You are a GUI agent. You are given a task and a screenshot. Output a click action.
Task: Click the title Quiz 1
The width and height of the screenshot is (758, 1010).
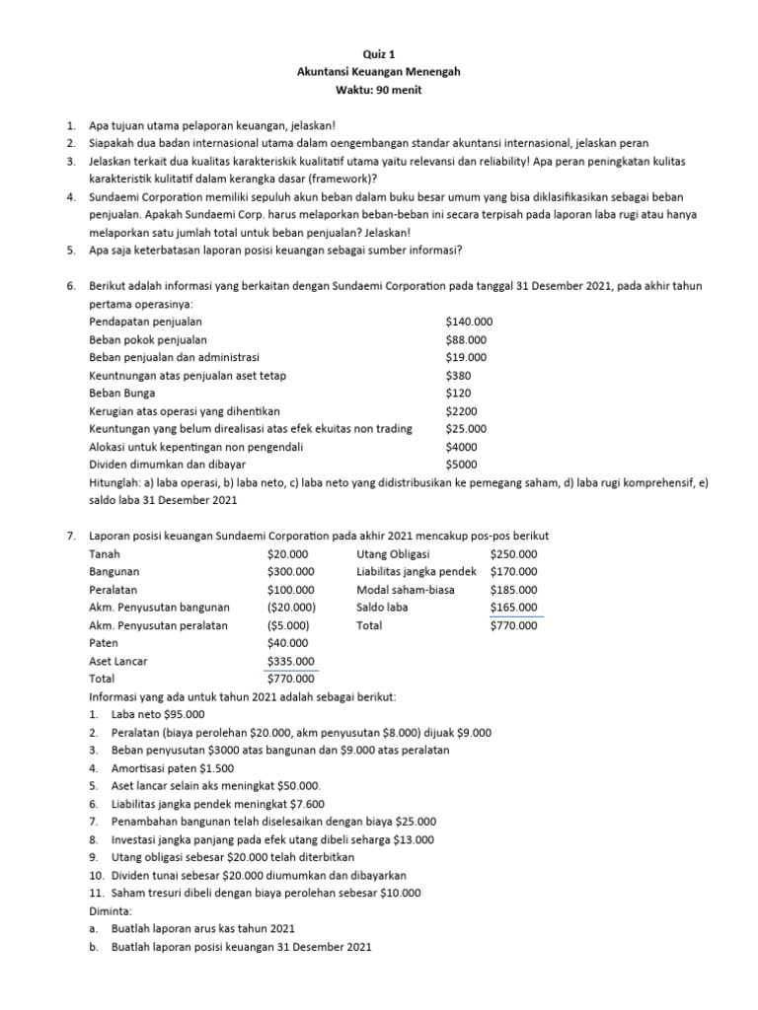click(379, 55)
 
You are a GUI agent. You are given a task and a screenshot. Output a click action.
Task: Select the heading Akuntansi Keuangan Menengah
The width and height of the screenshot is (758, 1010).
click(379, 73)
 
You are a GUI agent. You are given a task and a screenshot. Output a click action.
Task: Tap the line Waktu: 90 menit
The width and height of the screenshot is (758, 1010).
click(379, 91)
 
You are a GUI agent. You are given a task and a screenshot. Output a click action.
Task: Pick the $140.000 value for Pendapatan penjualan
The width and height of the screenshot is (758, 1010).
click(469, 322)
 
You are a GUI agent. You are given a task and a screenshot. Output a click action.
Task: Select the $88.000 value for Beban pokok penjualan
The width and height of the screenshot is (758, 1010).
click(466, 339)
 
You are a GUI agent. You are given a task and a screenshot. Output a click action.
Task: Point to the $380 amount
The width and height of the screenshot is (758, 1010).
click(458, 375)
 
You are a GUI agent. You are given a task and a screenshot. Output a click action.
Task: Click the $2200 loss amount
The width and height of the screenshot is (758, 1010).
click(461, 410)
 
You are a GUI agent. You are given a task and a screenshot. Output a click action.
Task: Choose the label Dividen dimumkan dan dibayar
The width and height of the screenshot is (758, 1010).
click(167, 464)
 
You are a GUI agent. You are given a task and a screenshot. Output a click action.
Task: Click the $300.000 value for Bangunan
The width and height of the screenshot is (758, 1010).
click(290, 571)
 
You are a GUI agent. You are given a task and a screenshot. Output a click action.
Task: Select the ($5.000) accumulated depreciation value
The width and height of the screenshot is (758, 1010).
click(288, 625)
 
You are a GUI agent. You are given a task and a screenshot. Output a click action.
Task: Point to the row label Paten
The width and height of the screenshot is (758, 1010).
click(104, 643)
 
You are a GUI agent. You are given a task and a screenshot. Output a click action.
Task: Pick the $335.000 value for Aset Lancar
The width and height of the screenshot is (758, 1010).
click(290, 661)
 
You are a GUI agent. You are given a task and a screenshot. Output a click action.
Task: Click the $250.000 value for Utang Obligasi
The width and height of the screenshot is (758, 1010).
click(513, 553)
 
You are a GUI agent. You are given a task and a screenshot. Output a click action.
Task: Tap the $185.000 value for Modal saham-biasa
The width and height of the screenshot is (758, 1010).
click(513, 590)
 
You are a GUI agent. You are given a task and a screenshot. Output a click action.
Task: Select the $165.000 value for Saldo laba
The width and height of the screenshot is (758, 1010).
click(513, 608)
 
